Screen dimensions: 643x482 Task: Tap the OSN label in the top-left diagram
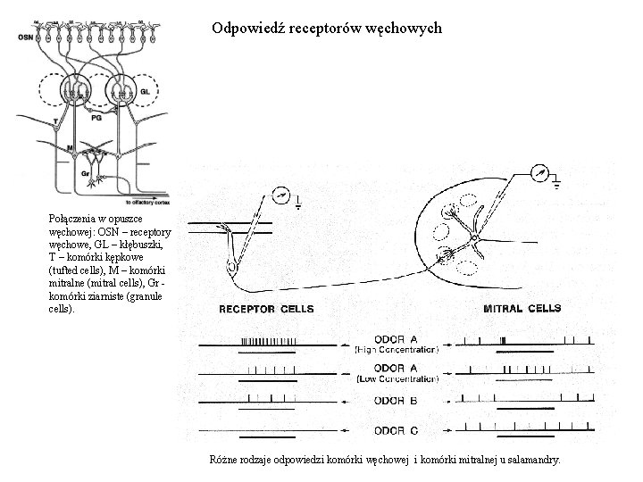[26, 37]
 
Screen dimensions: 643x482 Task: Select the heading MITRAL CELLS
[522, 309]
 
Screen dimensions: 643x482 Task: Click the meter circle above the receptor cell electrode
[281, 191]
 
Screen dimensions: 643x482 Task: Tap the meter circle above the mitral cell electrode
[539, 174]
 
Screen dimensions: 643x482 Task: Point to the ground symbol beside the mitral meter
[556, 186]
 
